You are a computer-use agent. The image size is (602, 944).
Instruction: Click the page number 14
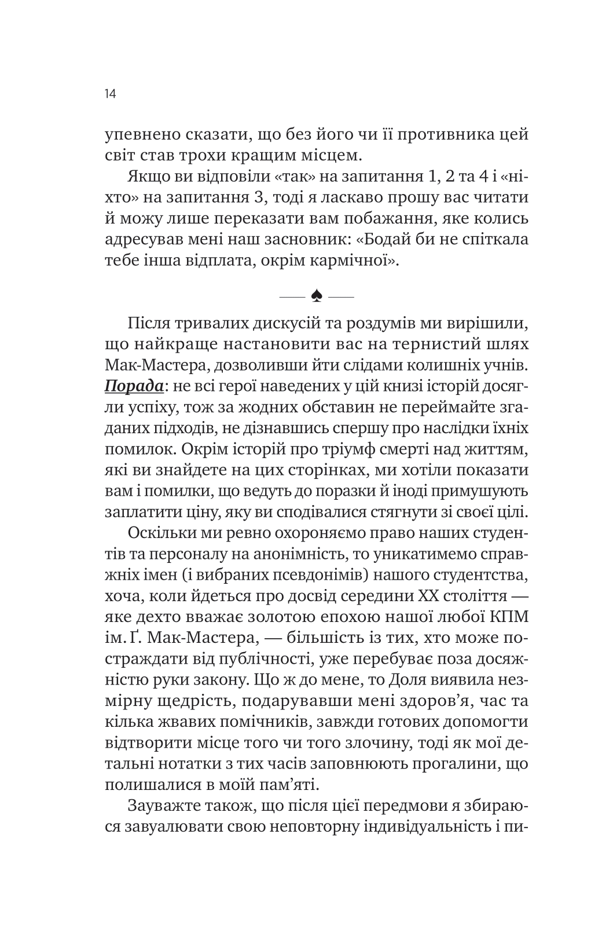coord(111,94)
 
